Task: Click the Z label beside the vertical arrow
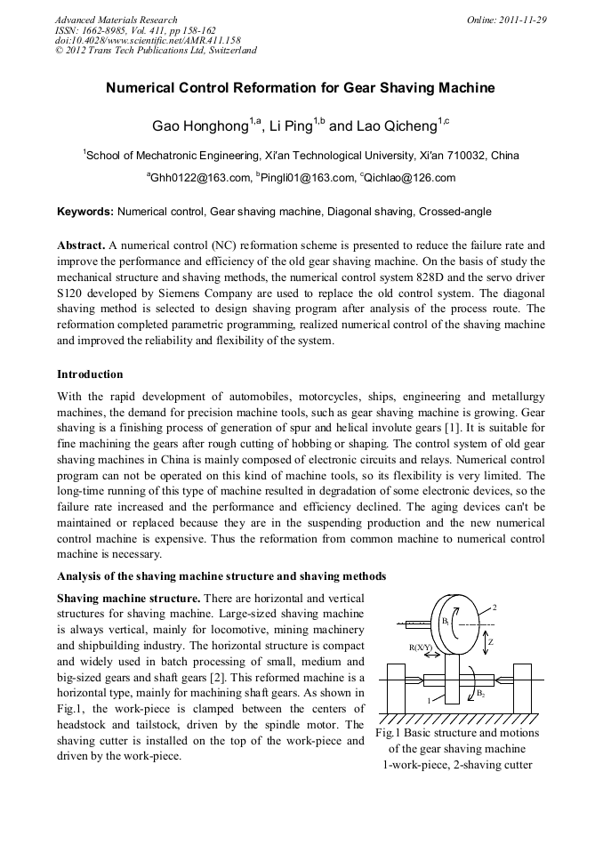point(491,641)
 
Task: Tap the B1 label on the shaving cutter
point(445,621)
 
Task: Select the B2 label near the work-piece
point(481,693)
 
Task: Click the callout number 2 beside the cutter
point(494,607)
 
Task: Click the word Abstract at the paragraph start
point(81,244)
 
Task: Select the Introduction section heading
point(90,374)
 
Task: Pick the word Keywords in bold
point(84,212)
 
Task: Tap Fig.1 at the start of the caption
point(388,733)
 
